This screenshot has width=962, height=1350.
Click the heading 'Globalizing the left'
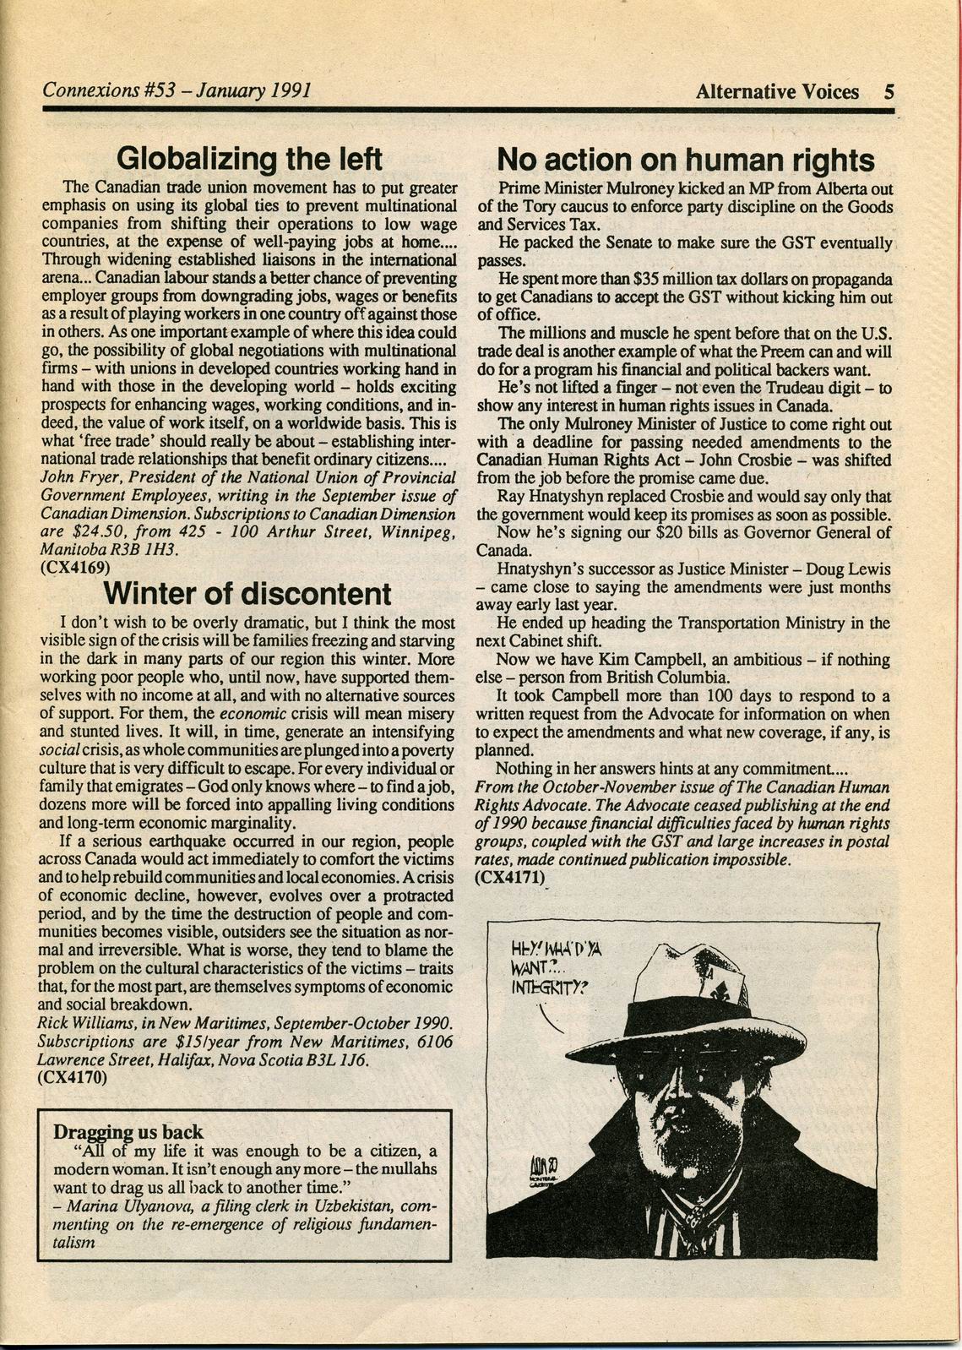pos(249,158)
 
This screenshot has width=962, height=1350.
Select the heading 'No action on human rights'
pos(685,160)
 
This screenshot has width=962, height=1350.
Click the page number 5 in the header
pos(889,91)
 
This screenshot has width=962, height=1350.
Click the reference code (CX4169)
pos(74,568)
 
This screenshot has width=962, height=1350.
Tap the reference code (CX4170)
pos(73,1077)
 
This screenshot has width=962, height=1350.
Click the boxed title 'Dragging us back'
pos(128,1131)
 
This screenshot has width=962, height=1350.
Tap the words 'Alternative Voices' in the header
pos(777,91)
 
